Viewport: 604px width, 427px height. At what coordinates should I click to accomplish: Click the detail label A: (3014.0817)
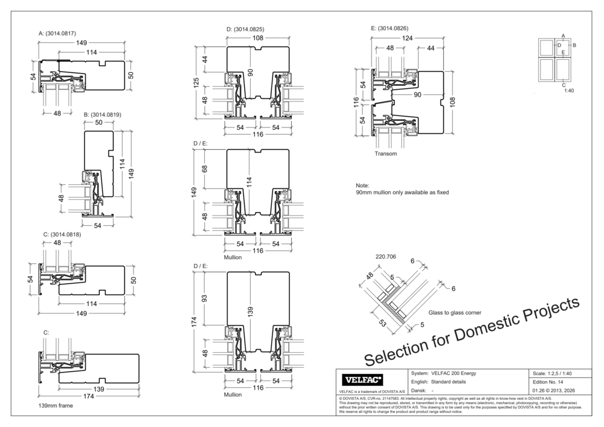[57, 33]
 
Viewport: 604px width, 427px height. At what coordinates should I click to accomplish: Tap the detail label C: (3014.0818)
[62, 234]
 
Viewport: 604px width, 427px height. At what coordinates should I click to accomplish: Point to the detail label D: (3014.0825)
[245, 29]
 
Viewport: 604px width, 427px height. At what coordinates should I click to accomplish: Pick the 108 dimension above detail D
[258, 38]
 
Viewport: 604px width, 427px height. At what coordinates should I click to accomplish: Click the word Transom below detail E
[385, 154]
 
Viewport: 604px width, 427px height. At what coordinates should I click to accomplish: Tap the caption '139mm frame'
[55, 406]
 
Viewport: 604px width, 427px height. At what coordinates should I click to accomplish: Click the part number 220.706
[385, 256]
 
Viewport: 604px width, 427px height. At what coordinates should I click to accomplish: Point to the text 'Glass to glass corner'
[454, 313]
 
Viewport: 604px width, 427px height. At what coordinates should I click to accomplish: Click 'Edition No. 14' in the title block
[548, 382]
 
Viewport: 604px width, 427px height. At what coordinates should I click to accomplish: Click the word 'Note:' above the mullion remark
[362, 185]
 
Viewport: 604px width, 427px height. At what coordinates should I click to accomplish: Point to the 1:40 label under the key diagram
[568, 90]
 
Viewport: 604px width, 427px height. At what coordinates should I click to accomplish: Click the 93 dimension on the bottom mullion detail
[204, 298]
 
